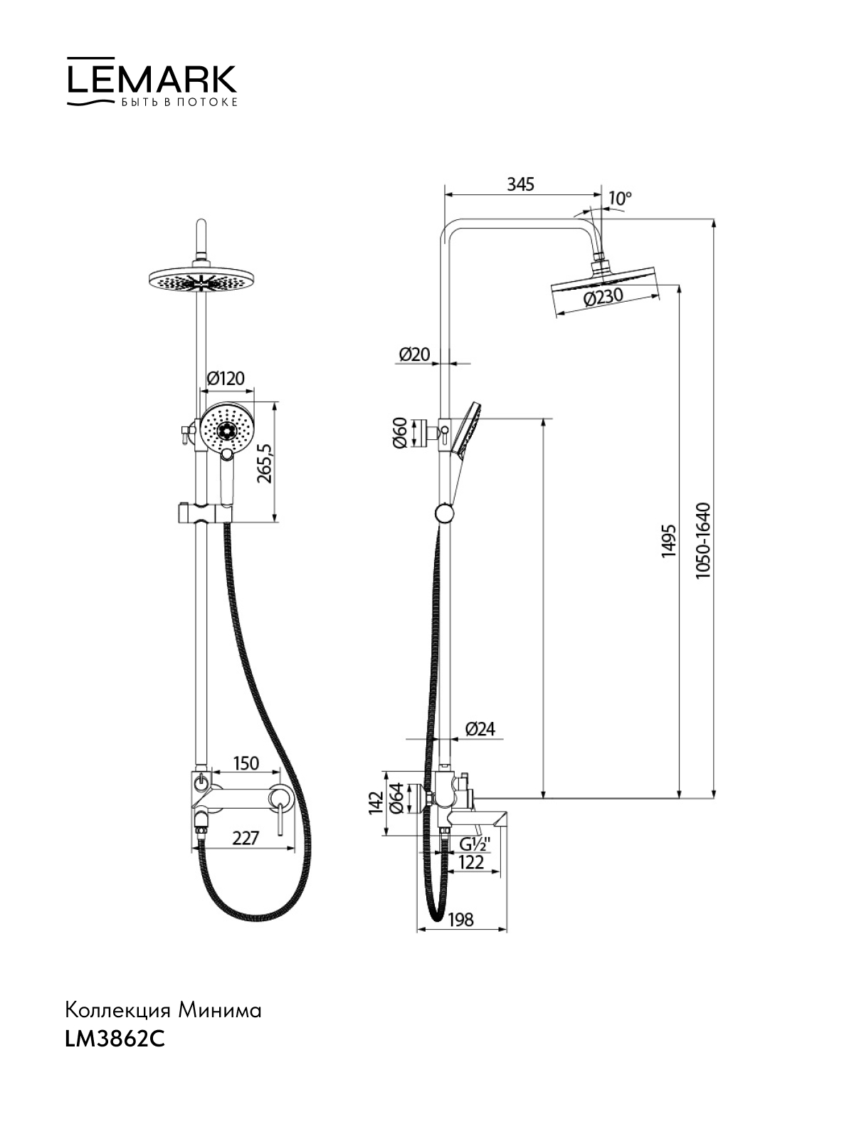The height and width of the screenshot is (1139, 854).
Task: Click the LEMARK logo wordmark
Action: (152, 80)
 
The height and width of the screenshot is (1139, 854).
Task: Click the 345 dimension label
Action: (520, 184)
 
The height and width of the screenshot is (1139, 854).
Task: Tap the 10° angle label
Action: (620, 198)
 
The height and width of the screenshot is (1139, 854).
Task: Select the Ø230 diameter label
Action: (603, 298)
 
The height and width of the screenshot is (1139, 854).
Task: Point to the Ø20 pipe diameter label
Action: (414, 354)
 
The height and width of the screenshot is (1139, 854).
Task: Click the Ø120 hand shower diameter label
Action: (226, 378)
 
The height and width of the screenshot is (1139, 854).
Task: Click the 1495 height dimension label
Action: (668, 541)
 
